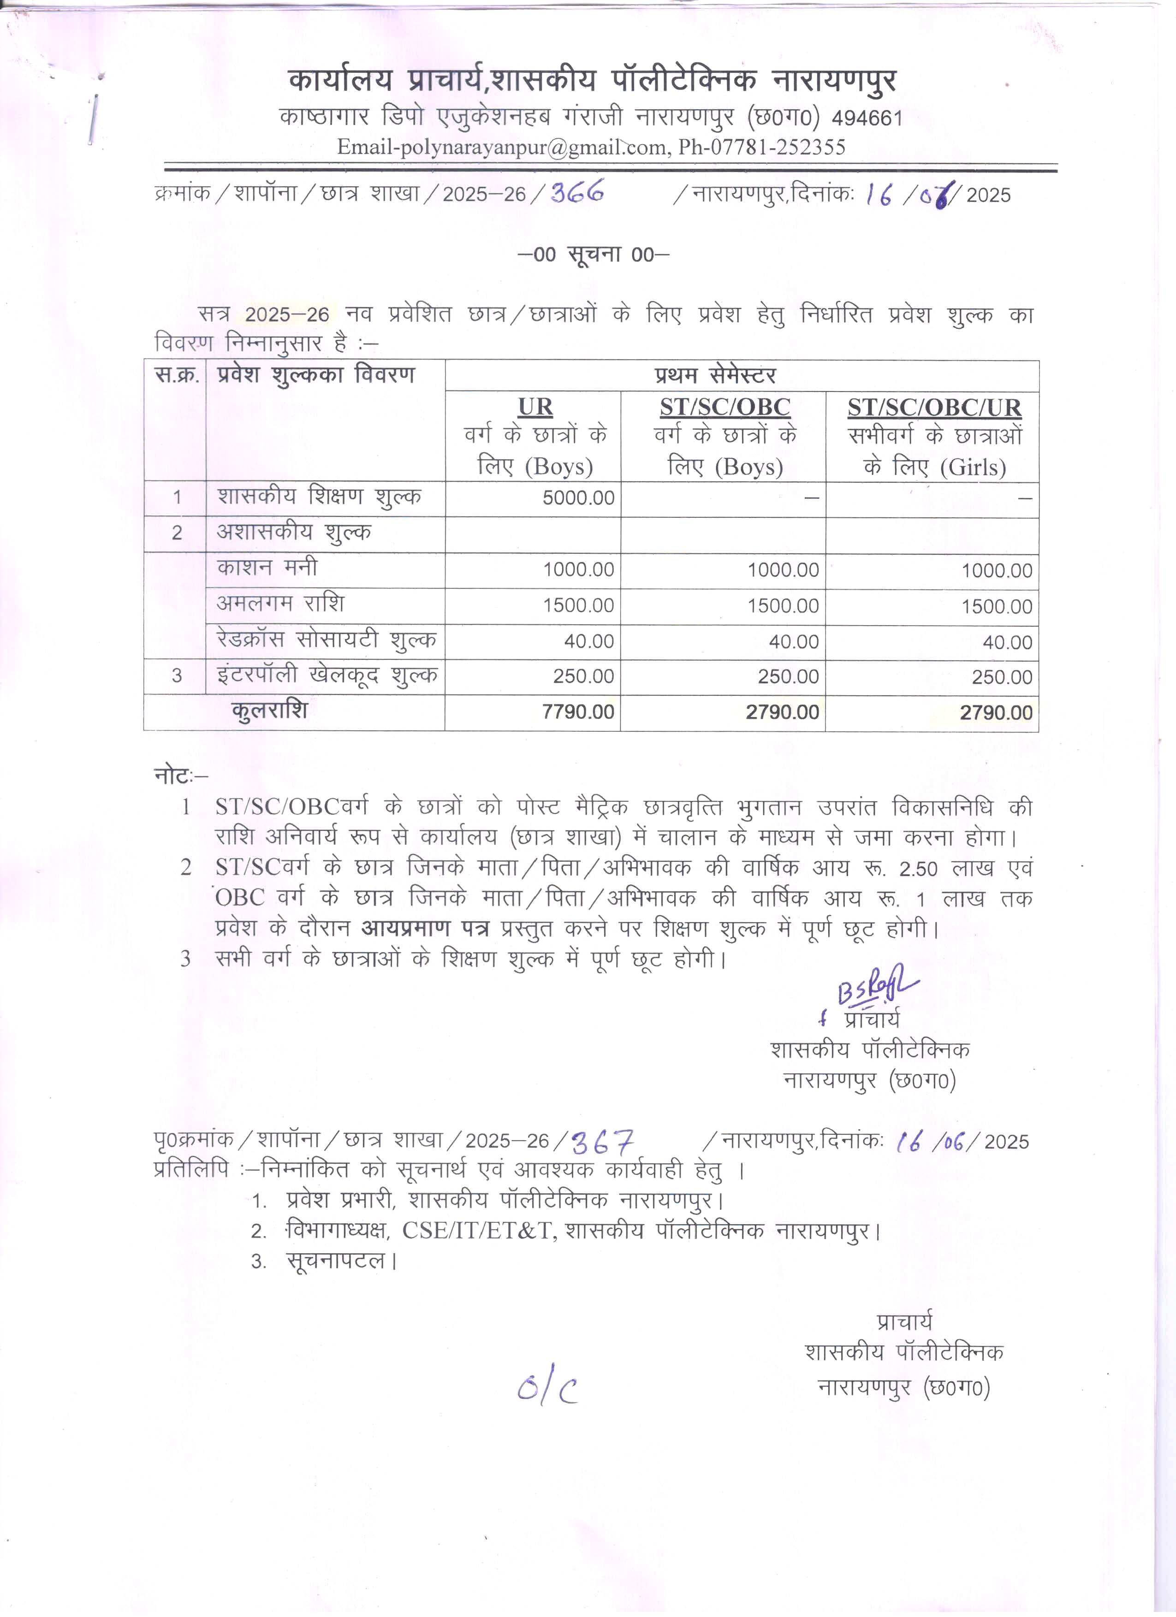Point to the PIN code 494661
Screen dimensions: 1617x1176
(x=867, y=118)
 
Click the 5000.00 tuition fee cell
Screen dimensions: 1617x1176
(x=578, y=498)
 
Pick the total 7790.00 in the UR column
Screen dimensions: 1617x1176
(x=578, y=711)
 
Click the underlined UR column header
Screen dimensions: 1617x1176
(x=535, y=407)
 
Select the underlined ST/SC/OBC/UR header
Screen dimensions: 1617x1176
(x=934, y=408)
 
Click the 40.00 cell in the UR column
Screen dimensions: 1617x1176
(x=588, y=641)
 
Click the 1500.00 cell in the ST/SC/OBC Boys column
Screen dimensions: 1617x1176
(x=782, y=605)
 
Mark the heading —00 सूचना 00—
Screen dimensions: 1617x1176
(x=593, y=255)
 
